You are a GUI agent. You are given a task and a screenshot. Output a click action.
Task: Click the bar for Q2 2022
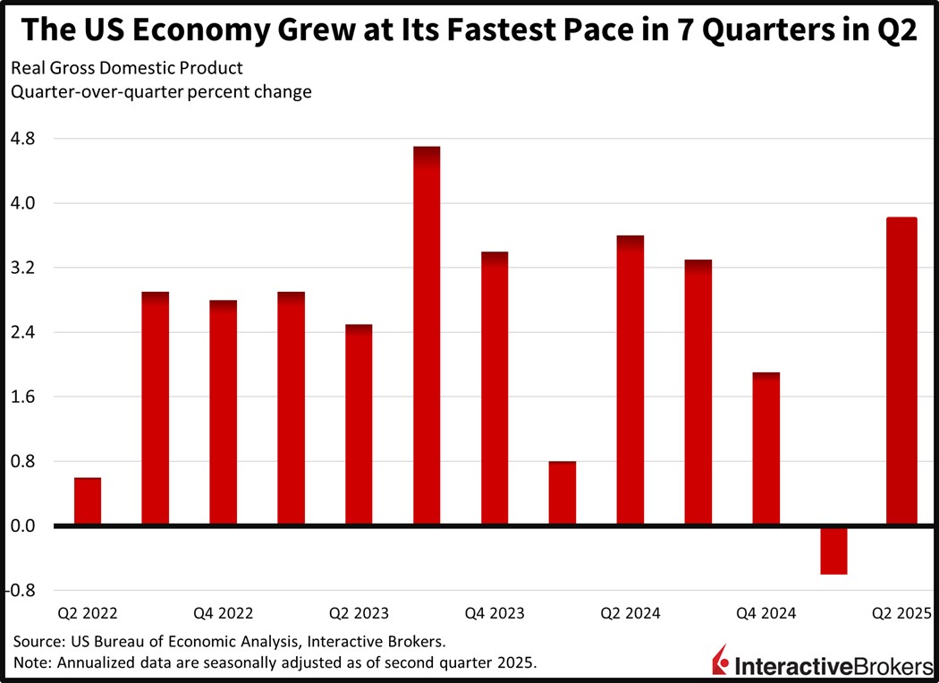coord(88,502)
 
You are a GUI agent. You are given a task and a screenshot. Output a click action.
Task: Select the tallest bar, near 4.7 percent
coord(427,336)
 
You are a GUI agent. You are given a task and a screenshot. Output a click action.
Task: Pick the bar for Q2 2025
coord(901,371)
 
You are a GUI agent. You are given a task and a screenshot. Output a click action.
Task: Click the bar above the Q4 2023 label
coord(495,388)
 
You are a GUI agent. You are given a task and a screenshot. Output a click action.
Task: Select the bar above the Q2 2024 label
coord(630,380)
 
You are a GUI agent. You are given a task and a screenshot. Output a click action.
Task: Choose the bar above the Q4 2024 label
coord(766,448)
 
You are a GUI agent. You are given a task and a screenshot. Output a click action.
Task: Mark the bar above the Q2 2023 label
coord(359,425)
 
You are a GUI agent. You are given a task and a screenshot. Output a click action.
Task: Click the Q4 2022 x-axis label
coord(223,613)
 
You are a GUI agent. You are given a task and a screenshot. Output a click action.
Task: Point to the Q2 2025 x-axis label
coord(901,613)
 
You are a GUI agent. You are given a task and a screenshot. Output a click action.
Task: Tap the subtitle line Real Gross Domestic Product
coord(126,69)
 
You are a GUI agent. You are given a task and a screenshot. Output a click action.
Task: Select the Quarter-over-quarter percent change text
coord(161,92)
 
